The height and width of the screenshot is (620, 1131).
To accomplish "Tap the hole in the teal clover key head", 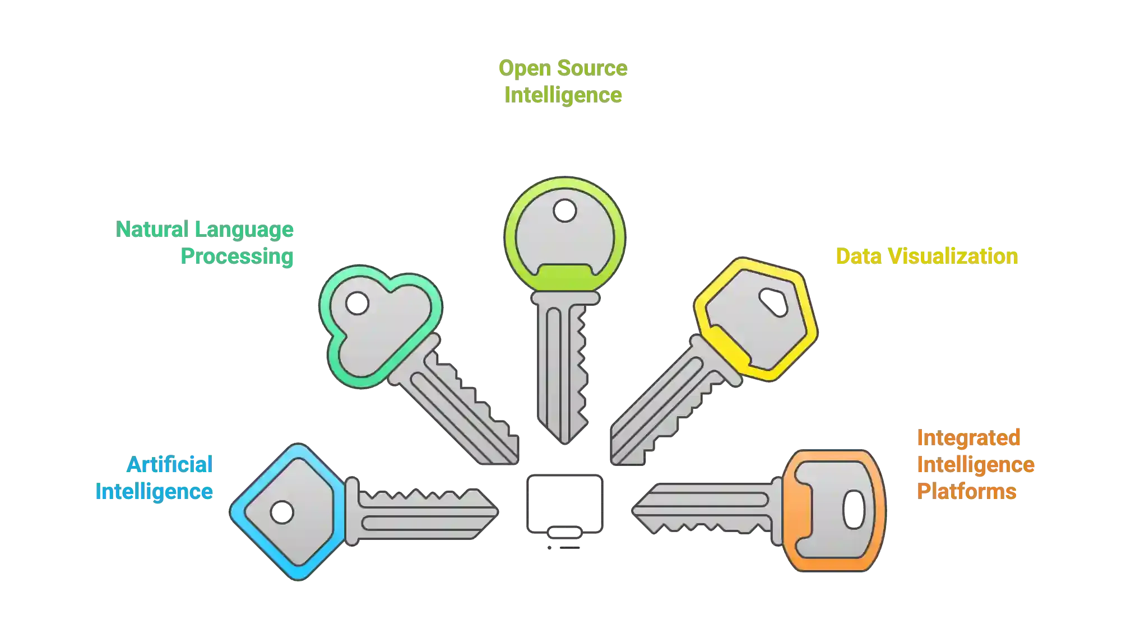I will pos(356,304).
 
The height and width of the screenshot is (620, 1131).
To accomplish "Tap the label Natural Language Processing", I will pos(206,243).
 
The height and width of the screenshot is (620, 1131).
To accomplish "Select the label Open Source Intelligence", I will pos(563,81).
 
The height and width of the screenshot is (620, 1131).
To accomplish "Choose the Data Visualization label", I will pos(925,256).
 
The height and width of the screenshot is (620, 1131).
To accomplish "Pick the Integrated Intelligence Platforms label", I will pos(975,464).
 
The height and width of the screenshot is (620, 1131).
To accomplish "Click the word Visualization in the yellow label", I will pos(953,256).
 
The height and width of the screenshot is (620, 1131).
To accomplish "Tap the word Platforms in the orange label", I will pos(966,492).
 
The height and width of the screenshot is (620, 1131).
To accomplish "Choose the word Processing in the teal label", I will pos(237,257).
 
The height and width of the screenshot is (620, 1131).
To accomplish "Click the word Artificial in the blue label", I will pos(170,464).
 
